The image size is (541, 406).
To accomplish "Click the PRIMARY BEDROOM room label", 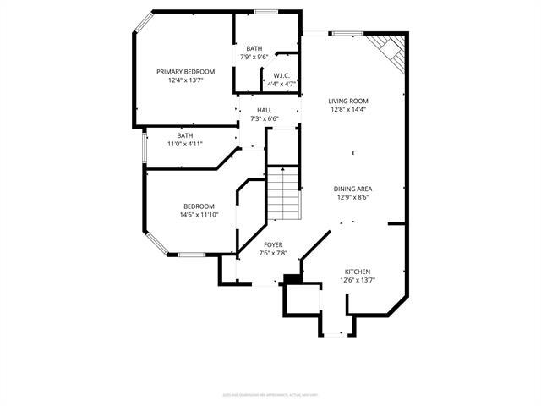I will pos(185,71).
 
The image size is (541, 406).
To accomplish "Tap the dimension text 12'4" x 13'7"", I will pos(185,80).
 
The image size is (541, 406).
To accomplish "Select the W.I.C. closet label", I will pos(281,75).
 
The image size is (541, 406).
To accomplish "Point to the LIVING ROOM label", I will pos(349,100).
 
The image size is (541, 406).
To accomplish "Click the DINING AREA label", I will pos(353,189).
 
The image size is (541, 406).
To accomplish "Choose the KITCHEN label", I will pos(357,272).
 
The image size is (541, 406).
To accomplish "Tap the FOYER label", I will pos(273,244).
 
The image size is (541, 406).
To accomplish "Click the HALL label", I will pos(265,109).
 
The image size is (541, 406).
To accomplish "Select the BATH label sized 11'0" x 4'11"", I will pos(185,135).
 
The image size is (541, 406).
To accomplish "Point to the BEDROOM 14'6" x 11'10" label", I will pos(199,206).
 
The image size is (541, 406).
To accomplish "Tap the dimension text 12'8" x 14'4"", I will pos(349,109).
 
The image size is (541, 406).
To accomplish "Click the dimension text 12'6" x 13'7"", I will pos(357,280).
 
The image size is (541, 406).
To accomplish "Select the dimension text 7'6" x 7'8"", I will pos(273,253).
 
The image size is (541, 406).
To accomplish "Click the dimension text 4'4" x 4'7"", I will pos(281,84).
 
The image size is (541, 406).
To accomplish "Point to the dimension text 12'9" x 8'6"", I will pos(353,197).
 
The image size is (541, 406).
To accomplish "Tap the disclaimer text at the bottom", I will pos(270,393).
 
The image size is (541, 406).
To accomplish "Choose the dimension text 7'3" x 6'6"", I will pos(265,118).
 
